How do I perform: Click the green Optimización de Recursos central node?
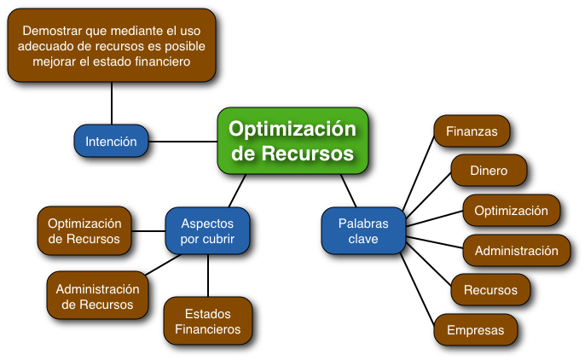tap(292, 141)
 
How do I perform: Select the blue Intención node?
tap(112, 142)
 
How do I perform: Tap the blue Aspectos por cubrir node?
tap(207, 231)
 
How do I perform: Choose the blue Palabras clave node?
tap(363, 231)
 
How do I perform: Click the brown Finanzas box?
tap(472, 132)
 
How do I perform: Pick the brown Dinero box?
tap(489, 171)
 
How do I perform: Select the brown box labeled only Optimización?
tap(512, 211)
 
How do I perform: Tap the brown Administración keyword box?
tap(516, 251)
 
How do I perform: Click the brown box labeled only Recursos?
tap(490, 290)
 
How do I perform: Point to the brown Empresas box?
tap(476, 330)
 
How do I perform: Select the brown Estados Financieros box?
tap(207, 321)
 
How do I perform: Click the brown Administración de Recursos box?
tap(97, 296)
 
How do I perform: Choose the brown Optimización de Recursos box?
tap(84, 230)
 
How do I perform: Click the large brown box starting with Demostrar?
tap(112, 45)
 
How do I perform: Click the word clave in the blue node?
tap(363, 240)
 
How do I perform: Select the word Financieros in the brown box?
tap(207, 329)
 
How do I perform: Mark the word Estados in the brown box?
tap(207, 313)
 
